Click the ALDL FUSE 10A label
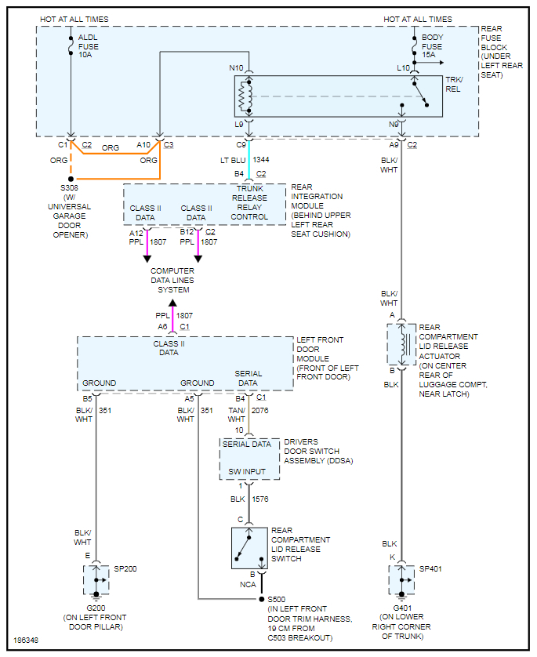[89, 46]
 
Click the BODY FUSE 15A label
[432, 46]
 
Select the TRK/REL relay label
[452, 84]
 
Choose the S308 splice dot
[71, 179]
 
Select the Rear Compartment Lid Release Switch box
[249, 547]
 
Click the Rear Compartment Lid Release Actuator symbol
[401, 343]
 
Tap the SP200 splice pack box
[96, 579]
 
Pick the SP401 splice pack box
[401, 579]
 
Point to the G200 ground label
[96, 608]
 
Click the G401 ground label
[401, 608]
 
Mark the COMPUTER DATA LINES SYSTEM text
[172, 281]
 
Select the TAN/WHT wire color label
[236, 415]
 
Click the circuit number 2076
[260, 409]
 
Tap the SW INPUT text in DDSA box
[246, 471]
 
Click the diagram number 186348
[27, 641]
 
